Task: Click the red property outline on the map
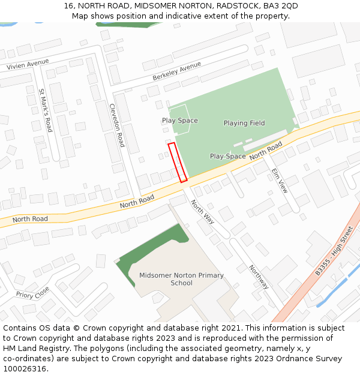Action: pyautogui.click(x=178, y=162)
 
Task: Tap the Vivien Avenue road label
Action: pyautogui.click(x=28, y=64)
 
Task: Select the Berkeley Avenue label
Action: pyautogui.click(x=176, y=71)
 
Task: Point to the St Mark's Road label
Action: pyautogui.click(x=46, y=111)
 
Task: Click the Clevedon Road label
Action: pyautogui.click(x=116, y=125)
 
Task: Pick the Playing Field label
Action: pyautogui.click(x=244, y=123)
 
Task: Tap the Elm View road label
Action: pyautogui.click(x=280, y=180)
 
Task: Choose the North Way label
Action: pyautogui.click(x=202, y=212)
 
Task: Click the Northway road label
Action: pyautogui.click(x=259, y=277)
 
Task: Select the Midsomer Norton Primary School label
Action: pyautogui.click(x=181, y=280)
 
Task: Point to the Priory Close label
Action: pyautogui.click(x=33, y=293)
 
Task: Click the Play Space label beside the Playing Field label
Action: pyautogui.click(x=179, y=121)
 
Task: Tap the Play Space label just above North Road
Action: pyautogui.click(x=227, y=156)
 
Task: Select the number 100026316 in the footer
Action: pyautogui.click(x=26, y=368)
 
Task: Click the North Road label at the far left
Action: pyautogui.click(x=30, y=219)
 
